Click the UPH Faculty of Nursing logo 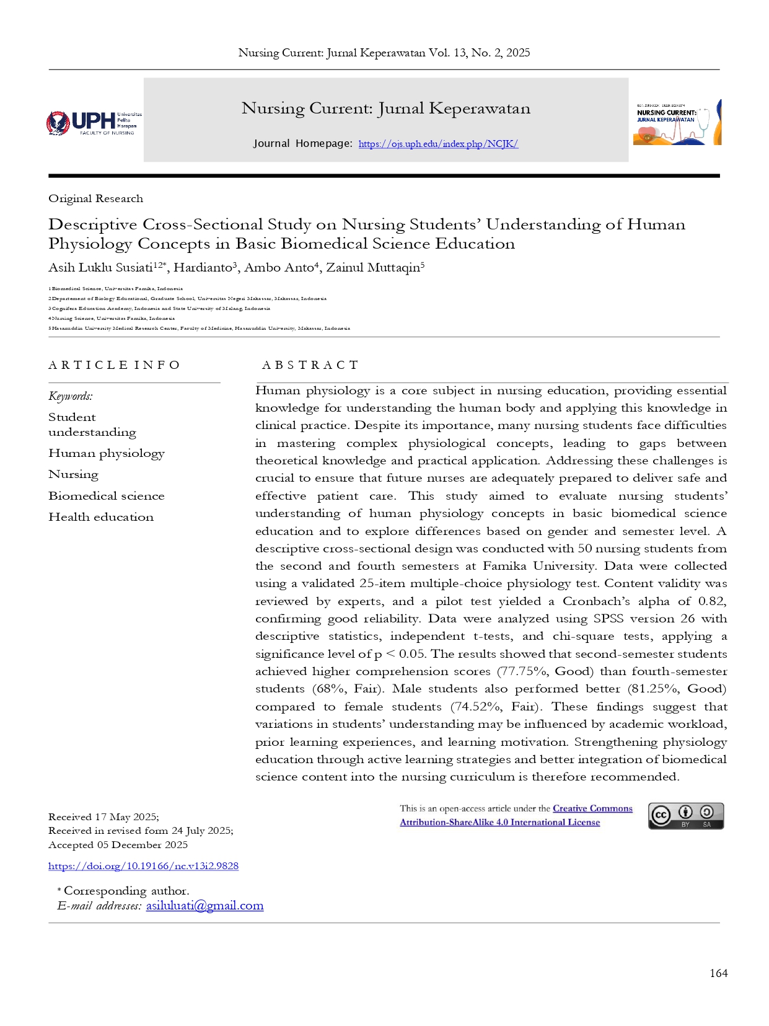point(94,123)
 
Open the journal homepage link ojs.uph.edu point(437,144)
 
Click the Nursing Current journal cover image point(677,123)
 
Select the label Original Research point(95,198)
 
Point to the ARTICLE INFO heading point(114,365)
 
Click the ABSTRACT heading point(310,365)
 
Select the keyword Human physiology point(107,454)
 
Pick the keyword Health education point(101,517)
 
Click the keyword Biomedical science point(107,496)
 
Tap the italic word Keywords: point(71,396)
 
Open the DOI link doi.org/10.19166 point(143,866)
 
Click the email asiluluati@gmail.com point(204,906)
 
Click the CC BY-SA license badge point(685,816)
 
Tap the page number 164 point(718,973)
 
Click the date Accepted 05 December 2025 point(118,845)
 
